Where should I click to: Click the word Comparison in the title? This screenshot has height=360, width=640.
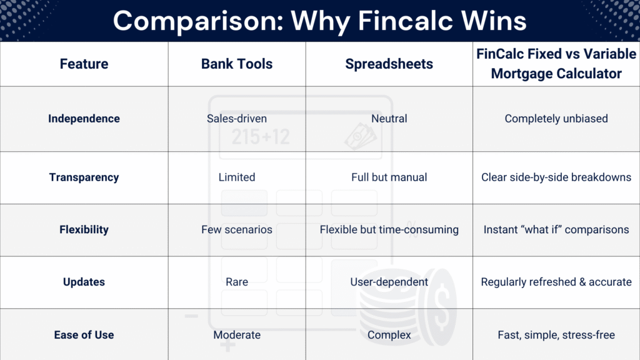(x=198, y=21)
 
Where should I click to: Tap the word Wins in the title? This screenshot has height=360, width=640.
(x=493, y=21)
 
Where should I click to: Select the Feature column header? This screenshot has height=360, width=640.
(x=84, y=64)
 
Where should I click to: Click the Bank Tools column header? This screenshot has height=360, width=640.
(x=237, y=64)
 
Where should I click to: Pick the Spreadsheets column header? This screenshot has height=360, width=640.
(x=389, y=64)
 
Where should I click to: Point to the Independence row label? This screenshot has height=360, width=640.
(x=84, y=119)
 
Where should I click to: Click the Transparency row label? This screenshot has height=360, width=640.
(x=84, y=177)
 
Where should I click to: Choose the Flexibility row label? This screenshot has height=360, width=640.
(x=84, y=230)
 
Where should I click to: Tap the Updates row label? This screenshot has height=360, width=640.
(x=84, y=282)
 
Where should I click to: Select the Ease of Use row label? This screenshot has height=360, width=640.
(x=84, y=335)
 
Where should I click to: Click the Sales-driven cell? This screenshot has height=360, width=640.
(x=237, y=119)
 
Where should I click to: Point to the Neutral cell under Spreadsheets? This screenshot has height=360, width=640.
(x=389, y=119)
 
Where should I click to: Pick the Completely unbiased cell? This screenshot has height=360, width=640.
(x=556, y=119)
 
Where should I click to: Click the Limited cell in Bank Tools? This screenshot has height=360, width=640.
(x=237, y=177)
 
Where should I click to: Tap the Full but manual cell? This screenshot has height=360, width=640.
(x=389, y=177)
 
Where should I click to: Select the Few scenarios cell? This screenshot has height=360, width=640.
(x=237, y=229)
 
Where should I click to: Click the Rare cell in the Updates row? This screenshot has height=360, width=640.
(x=237, y=282)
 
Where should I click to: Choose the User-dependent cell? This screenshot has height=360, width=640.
(x=389, y=282)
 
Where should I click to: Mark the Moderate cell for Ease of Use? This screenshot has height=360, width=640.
(x=237, y=335)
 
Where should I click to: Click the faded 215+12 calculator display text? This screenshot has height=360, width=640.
(x=261, y=137)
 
